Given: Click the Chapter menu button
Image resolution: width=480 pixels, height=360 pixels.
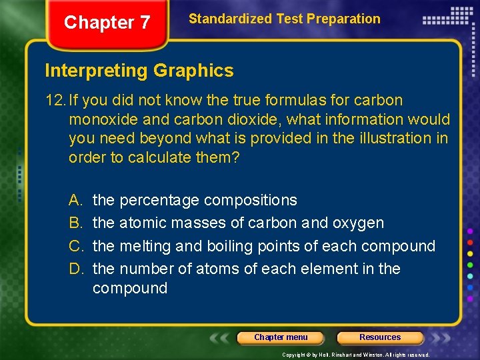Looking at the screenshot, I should tap(281, 337).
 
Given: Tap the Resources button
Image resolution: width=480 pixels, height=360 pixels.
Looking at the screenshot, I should tap(380, 337).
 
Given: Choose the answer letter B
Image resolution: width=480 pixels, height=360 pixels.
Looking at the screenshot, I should tap(74, 223).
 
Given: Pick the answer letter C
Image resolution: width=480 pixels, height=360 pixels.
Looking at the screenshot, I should tap(75, 246).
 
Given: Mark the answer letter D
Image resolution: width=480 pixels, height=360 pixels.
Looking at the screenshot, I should tap(75, 269).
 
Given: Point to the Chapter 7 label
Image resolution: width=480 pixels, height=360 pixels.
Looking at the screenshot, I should tap(107, 23).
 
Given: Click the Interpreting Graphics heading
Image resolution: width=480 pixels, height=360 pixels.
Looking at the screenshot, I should tap(139, 71).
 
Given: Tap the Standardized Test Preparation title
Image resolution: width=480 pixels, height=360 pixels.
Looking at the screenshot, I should tap(285, 19).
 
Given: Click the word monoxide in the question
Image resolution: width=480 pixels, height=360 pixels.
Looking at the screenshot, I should tap(100, 120).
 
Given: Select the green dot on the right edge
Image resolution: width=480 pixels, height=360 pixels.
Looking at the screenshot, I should tap(471, 265).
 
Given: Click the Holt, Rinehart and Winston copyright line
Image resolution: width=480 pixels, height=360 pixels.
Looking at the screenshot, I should tap(356, 355).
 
